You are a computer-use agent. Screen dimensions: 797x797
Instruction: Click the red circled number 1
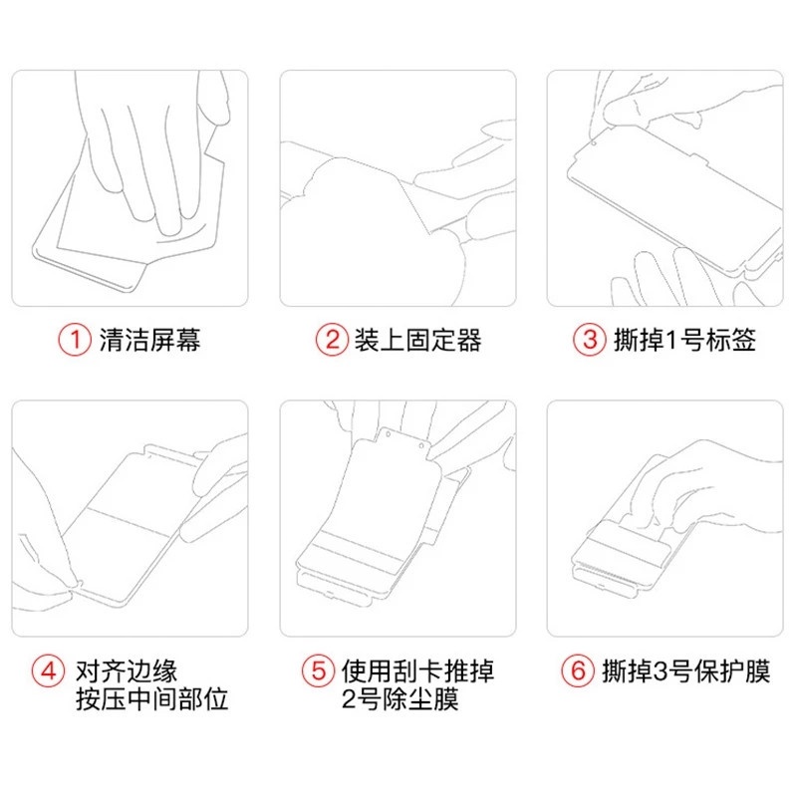(x=75, y=340)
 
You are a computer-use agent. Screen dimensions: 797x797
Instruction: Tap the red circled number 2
(x=332, y=340)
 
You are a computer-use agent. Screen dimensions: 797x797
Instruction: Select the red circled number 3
(x=590, y=340)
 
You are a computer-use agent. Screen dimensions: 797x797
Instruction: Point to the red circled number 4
(x=48, y=670)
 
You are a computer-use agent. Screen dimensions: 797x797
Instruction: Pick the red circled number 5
(x=318, y=670)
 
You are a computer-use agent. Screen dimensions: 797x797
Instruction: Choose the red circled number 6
(x=578, y=670)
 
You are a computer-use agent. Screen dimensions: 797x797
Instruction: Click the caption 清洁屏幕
(x=150, y=340)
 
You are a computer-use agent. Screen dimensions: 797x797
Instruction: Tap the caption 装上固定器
(x=417, y=340)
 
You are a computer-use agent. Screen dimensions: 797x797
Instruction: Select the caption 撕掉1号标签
(x=684, y=340)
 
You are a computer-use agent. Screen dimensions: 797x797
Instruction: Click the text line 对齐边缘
(x=127, y=671)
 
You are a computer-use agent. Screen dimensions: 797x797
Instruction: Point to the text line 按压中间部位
(x=152, y=699)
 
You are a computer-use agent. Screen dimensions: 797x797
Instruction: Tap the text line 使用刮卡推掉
(x=417, y=671)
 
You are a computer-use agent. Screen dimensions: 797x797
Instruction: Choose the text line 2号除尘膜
(x=400, y=699)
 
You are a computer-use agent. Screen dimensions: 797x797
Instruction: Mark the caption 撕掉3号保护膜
(x=686, y=671)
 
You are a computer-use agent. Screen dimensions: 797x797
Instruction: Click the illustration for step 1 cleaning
(x=131, y=188)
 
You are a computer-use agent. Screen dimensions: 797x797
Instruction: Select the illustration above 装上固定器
(x=398, y=188)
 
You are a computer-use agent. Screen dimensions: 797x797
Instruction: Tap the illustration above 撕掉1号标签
(x=665, y=188)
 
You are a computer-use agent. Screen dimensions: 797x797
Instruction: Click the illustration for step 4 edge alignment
(x=131, y=518)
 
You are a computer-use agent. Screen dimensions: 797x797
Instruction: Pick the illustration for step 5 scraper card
(x=398, y=518)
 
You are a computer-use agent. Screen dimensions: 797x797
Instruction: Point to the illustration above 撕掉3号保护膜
(x=665, y=518)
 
